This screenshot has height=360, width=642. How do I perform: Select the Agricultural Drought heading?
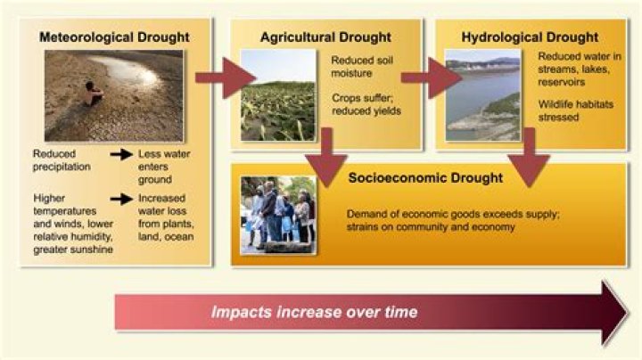tap(325, 37)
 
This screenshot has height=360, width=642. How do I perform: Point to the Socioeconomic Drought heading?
tap(425, 178)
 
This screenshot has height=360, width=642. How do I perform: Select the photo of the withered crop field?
tap(277, 95)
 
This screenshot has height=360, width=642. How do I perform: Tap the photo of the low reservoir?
tap(482, 94)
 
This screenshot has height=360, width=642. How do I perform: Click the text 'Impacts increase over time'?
tap(314, 312)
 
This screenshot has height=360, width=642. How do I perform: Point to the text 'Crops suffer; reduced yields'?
tap(364, 104)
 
